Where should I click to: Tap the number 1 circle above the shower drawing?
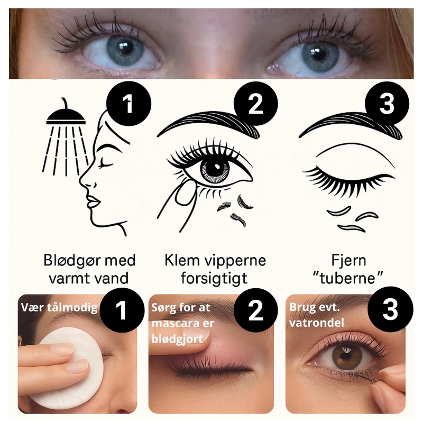pos(128,104)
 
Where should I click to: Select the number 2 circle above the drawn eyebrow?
pos(255,104)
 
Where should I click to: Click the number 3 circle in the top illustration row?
pos(387,104)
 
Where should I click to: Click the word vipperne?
pos(235,261)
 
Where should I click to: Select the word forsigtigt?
pos(214,279)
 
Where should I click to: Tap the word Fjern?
pos(348,261)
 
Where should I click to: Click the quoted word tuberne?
pos(348,278)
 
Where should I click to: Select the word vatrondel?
pos(316,323)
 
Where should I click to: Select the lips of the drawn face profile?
pos(93,201)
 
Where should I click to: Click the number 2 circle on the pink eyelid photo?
pos(255,310)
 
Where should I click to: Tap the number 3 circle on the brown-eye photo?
pos(390,309)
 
